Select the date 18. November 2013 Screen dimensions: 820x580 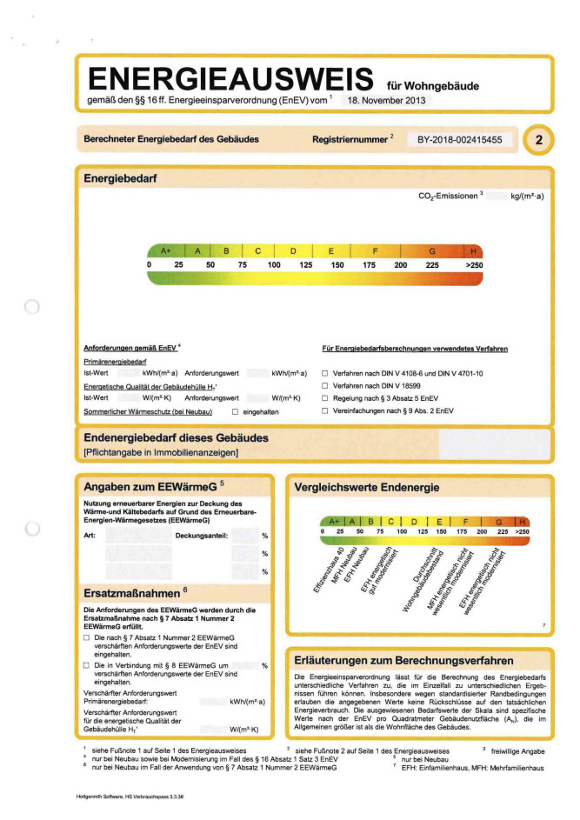388,101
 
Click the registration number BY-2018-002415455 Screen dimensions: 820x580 459,139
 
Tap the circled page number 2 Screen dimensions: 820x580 539,139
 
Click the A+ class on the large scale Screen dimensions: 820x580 166,250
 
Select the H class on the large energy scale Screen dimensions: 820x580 474,250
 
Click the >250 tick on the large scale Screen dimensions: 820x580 474,264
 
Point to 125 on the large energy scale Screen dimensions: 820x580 305,264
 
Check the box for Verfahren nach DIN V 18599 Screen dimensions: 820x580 325,384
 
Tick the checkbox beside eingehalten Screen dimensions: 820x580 235,410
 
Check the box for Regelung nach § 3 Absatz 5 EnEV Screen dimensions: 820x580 325,397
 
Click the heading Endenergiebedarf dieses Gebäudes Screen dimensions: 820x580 176,437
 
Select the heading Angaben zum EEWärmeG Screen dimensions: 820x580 149,485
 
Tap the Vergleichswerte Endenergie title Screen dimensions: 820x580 366,487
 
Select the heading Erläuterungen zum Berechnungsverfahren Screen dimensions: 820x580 404,660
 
